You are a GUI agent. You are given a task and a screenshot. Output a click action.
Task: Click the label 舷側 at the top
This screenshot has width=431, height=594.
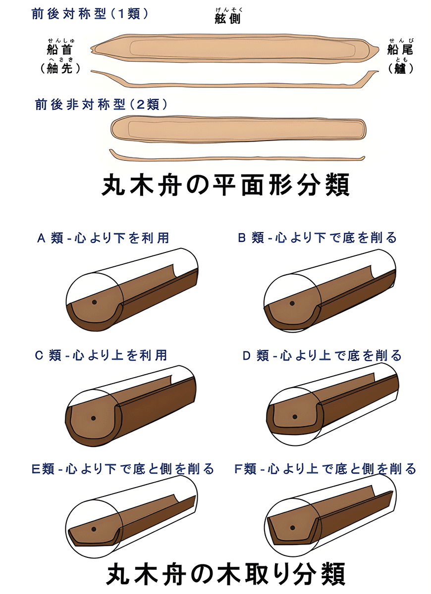[227, 19]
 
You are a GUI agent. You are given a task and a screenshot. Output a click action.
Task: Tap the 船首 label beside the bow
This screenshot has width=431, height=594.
[60, 49]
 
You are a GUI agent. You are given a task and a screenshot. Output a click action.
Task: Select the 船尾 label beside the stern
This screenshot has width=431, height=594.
[400, 49]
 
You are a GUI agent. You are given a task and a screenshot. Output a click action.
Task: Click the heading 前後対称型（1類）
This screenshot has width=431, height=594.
[90, 14]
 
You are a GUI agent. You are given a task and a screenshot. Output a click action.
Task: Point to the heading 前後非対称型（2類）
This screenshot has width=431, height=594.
[101, 104]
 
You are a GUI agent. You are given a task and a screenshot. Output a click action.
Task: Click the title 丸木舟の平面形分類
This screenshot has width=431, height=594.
[225, 185]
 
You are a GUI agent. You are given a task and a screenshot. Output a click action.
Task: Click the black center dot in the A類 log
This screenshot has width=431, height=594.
[94, 302]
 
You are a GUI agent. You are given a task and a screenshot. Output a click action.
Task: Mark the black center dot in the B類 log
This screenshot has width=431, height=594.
[292, 303]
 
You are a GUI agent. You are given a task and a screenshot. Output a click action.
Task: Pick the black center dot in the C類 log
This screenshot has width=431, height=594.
[94, 418]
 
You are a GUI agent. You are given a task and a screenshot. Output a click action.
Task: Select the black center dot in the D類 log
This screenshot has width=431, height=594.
[295, 417]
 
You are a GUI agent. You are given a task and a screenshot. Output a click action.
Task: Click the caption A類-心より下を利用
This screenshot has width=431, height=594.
[103, 238]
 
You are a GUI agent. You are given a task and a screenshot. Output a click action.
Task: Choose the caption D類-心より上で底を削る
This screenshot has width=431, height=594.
[322, 355]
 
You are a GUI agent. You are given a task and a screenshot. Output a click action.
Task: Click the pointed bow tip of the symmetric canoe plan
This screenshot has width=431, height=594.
[91, 49]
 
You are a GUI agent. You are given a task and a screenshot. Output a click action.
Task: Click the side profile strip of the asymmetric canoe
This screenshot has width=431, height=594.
[237, 157]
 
